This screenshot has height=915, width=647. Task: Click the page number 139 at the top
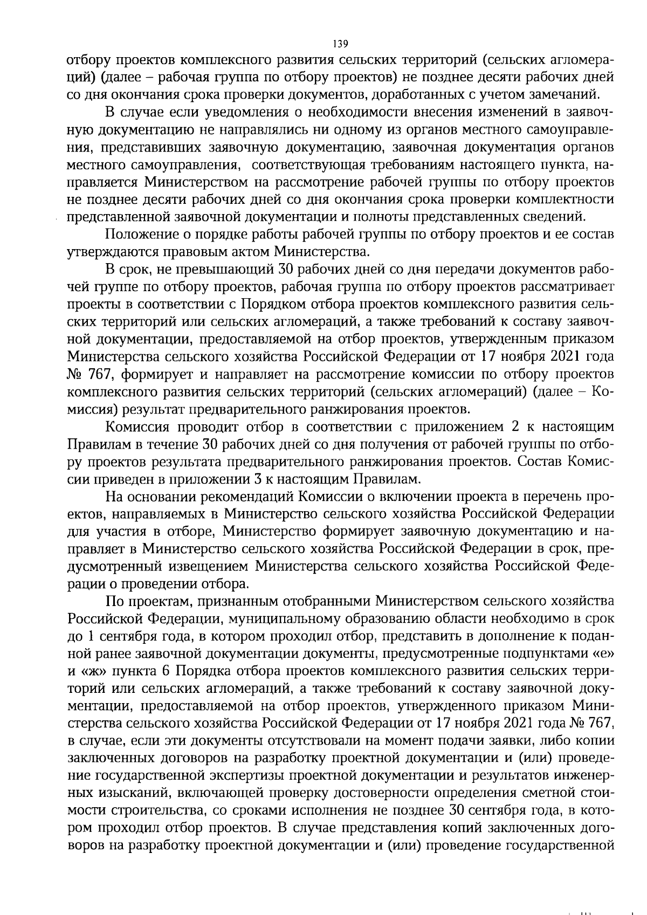[x=341, y=44]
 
